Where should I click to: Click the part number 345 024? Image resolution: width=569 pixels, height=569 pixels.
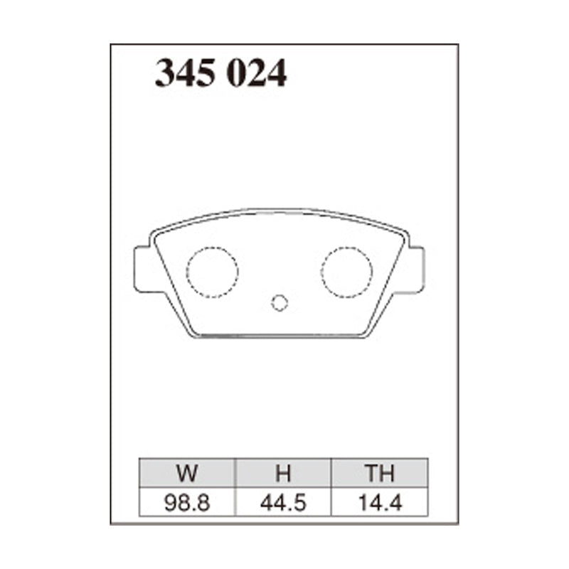[x=221, y=73]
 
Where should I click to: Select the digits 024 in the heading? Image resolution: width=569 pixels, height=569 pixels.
[x=257, y=73]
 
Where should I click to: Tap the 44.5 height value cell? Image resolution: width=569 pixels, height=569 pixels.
[x=283, y=503]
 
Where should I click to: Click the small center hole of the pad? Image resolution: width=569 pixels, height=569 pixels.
[x=280, y=303]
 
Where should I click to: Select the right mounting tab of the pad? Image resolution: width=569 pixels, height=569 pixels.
[x=415, y=269]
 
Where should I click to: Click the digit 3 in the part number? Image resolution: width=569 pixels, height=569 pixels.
[x=166, y=73]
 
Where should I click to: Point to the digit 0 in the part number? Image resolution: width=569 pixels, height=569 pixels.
[x=237, y=73]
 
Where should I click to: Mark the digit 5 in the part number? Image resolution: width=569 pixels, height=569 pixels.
[x=206, y=73]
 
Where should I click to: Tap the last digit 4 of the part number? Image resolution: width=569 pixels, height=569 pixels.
[x=277, y=73]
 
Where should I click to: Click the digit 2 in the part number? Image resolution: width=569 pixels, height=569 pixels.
[x=257, y=73]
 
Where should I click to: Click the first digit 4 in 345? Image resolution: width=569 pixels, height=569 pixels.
[x=186, y=73]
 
